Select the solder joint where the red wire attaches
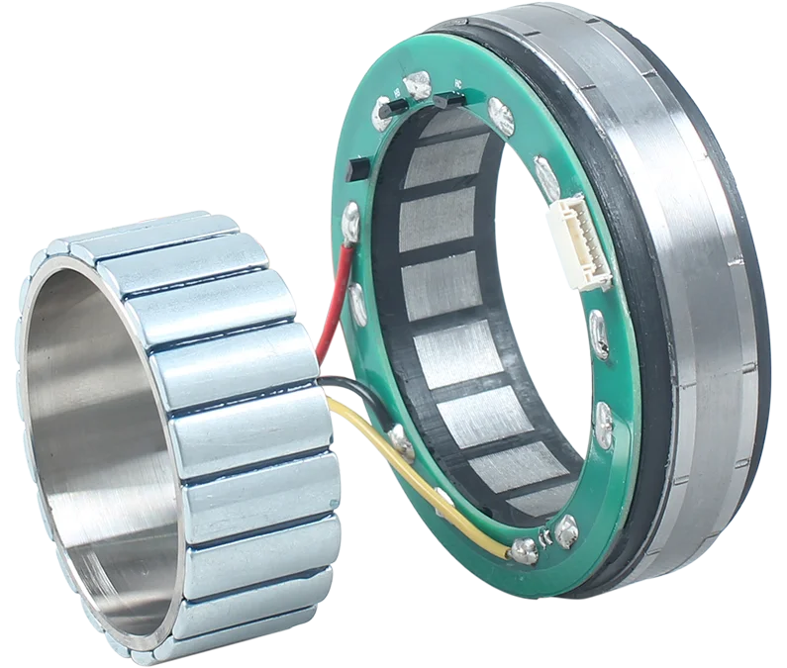click(x=350, y=220)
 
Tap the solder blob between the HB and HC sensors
click(x=418, y=85)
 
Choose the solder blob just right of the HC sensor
click(x=501, y=117)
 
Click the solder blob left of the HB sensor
click(x=382, y=115)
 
